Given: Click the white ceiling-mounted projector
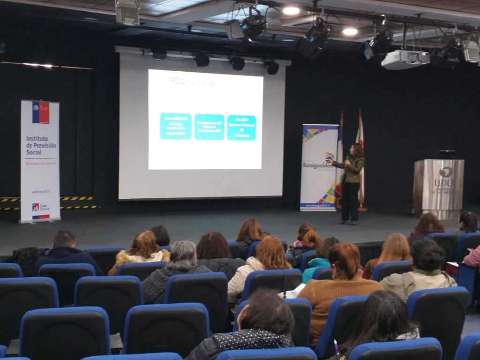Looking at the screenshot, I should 405,59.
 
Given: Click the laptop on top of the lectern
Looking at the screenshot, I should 446,154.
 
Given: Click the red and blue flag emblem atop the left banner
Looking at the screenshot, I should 41,112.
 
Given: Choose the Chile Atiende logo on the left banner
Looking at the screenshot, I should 40,207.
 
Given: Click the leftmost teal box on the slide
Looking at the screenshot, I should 175,126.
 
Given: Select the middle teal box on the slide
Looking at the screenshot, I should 209,127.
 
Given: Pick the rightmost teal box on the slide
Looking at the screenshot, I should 241,127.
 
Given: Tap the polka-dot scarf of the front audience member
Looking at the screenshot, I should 252,338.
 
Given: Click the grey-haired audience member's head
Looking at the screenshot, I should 182,255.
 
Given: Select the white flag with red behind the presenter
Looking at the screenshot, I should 360,159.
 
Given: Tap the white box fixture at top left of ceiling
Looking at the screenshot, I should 127,12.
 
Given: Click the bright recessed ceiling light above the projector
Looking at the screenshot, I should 350,31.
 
